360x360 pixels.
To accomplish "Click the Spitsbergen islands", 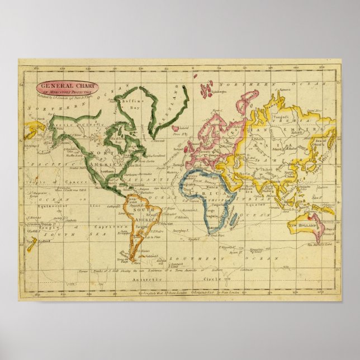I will tap(209, 88).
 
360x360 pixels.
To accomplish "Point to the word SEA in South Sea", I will tap(82, 233).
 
